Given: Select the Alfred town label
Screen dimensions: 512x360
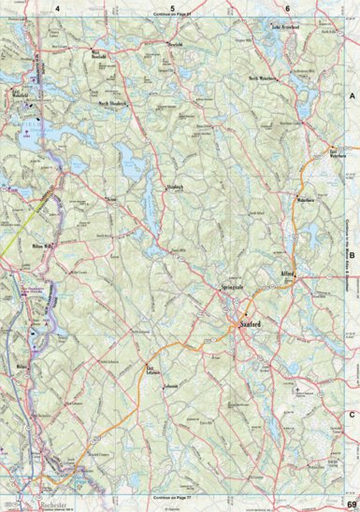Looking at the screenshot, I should tap(287, 274).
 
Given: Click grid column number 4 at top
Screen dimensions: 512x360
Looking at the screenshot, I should tap(57, 7).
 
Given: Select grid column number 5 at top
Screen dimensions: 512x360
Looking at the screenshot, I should tap(173, 7).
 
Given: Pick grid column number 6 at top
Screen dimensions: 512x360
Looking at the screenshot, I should tap(286, 7).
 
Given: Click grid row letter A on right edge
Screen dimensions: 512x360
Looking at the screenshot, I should tap(353, 97).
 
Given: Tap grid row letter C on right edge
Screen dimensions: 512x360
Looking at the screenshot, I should tap(353, 414).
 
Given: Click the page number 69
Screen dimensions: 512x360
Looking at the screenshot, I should tap(350, 505).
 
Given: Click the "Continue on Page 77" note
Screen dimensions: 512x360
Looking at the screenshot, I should tap(172, 499).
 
